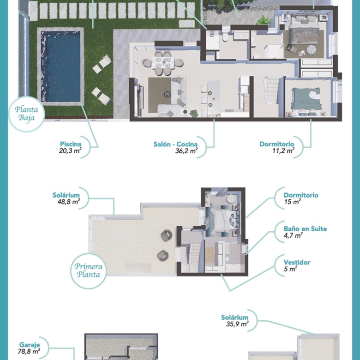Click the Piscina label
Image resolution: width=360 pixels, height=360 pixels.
click(71, 144)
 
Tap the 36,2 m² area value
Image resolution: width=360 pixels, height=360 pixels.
click(186, 150)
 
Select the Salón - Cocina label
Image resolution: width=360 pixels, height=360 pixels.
click(175, 144)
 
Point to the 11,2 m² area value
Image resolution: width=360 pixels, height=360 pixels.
click(283, 150)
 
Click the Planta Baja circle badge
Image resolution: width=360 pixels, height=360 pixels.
click(26, 114)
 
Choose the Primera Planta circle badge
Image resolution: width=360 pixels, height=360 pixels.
click(89, 270)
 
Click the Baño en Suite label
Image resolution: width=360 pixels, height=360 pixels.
click(305, 228)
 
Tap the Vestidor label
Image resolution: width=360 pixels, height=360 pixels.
click(297, 262)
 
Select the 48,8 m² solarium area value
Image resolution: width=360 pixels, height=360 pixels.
click(69, 202)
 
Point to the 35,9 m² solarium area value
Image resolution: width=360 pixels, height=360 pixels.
click(237, 324)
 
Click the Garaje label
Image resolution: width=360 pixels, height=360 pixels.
click(30, 345)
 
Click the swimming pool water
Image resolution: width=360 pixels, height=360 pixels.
click(60, 66)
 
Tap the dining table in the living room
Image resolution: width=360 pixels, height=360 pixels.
click(163, 63)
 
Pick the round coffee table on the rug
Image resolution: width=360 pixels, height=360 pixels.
click(167, 94)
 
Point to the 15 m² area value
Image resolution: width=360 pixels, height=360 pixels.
click(292, 202)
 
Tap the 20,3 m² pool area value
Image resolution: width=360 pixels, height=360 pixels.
click(70, 150)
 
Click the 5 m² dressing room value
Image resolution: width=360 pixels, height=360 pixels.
click(290, 269)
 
